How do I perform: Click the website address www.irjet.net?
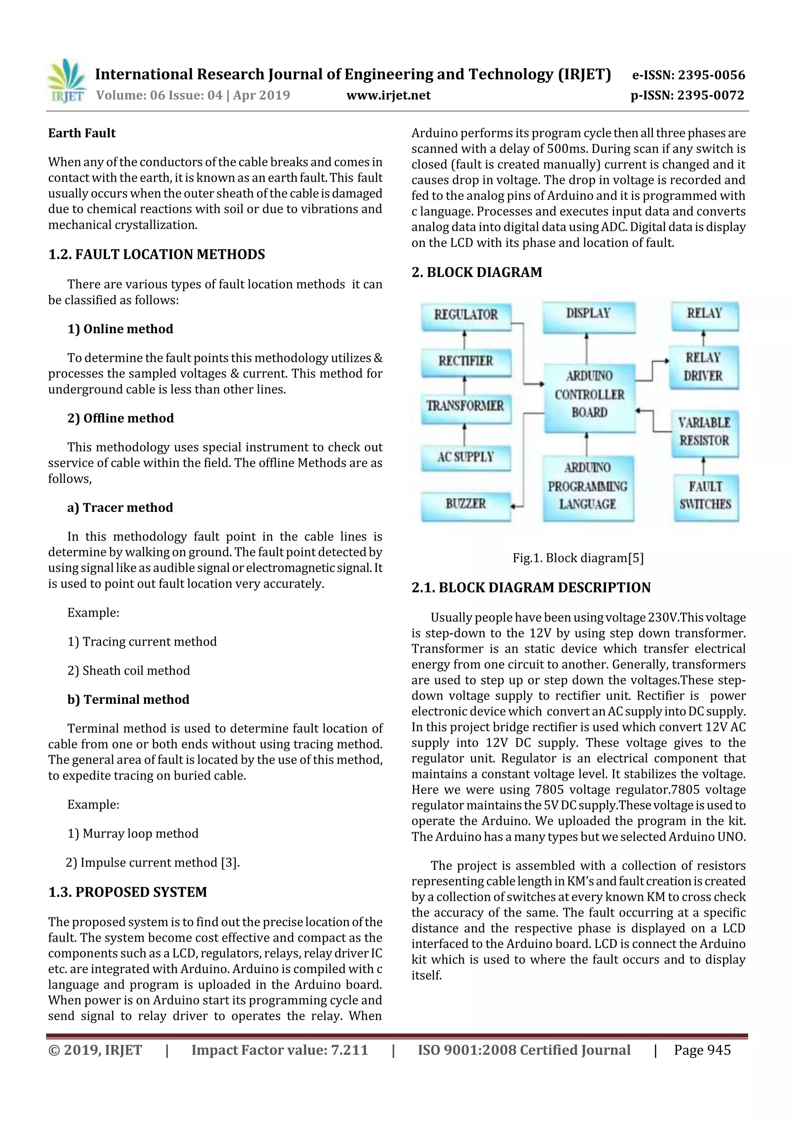(388, 95)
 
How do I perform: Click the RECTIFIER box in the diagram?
(466, 361)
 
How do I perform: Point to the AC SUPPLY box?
(465, 457)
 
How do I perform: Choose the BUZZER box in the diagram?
(465, 504)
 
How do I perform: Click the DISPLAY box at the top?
(588, 314)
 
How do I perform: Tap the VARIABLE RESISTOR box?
(704, 432)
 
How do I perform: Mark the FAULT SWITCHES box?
(705, 495)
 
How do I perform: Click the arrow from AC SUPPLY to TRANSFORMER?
(464, 434)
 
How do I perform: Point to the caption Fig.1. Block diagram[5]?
(578, 558)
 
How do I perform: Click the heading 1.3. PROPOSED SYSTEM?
(128, 892)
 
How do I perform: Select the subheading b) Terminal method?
(128, 700)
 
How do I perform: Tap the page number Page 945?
(702, 1050)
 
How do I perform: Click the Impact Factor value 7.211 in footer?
(349, 1050)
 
